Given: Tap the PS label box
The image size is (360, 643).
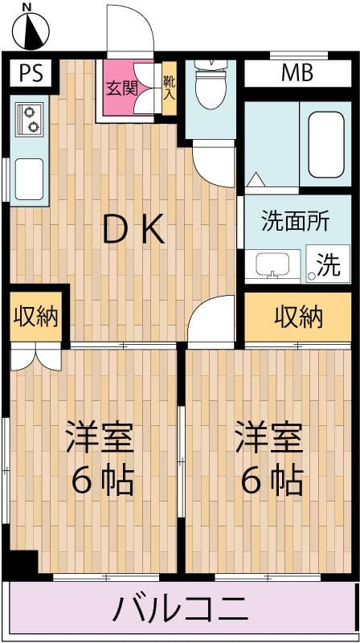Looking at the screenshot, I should (x=31, y=73).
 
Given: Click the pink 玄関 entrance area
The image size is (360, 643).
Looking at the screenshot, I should (x=128, y=88).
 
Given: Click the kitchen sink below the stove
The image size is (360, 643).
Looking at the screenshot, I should (x=30, y=178).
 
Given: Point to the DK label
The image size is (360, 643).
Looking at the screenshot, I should (x=134, y=231).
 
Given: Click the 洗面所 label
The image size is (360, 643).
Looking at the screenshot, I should (x=295, y=222).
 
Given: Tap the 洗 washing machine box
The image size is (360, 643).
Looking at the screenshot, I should (x=328, y=264).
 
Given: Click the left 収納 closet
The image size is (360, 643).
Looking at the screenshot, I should (x=36, y=316).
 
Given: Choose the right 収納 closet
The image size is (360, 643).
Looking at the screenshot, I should (x=299, y=316).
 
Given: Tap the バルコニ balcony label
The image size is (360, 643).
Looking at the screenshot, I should (x=180, y=608).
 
